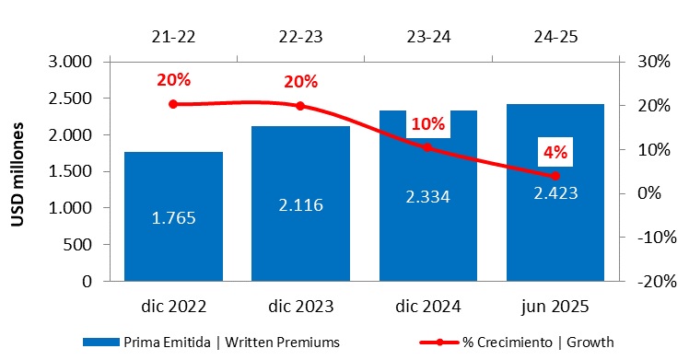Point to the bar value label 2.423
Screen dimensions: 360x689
coord(555,194)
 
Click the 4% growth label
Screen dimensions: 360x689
coord(554,152)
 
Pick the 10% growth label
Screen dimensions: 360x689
coord(427,123)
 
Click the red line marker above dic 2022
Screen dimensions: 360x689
coord(173,104)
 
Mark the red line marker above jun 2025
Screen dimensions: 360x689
coord(555,176)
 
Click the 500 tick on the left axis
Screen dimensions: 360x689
coord(79,245)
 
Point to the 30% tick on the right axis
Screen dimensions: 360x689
coord(648,62)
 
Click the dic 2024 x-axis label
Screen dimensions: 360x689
coord(427,305)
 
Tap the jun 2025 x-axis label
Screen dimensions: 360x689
coord(555,305)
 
